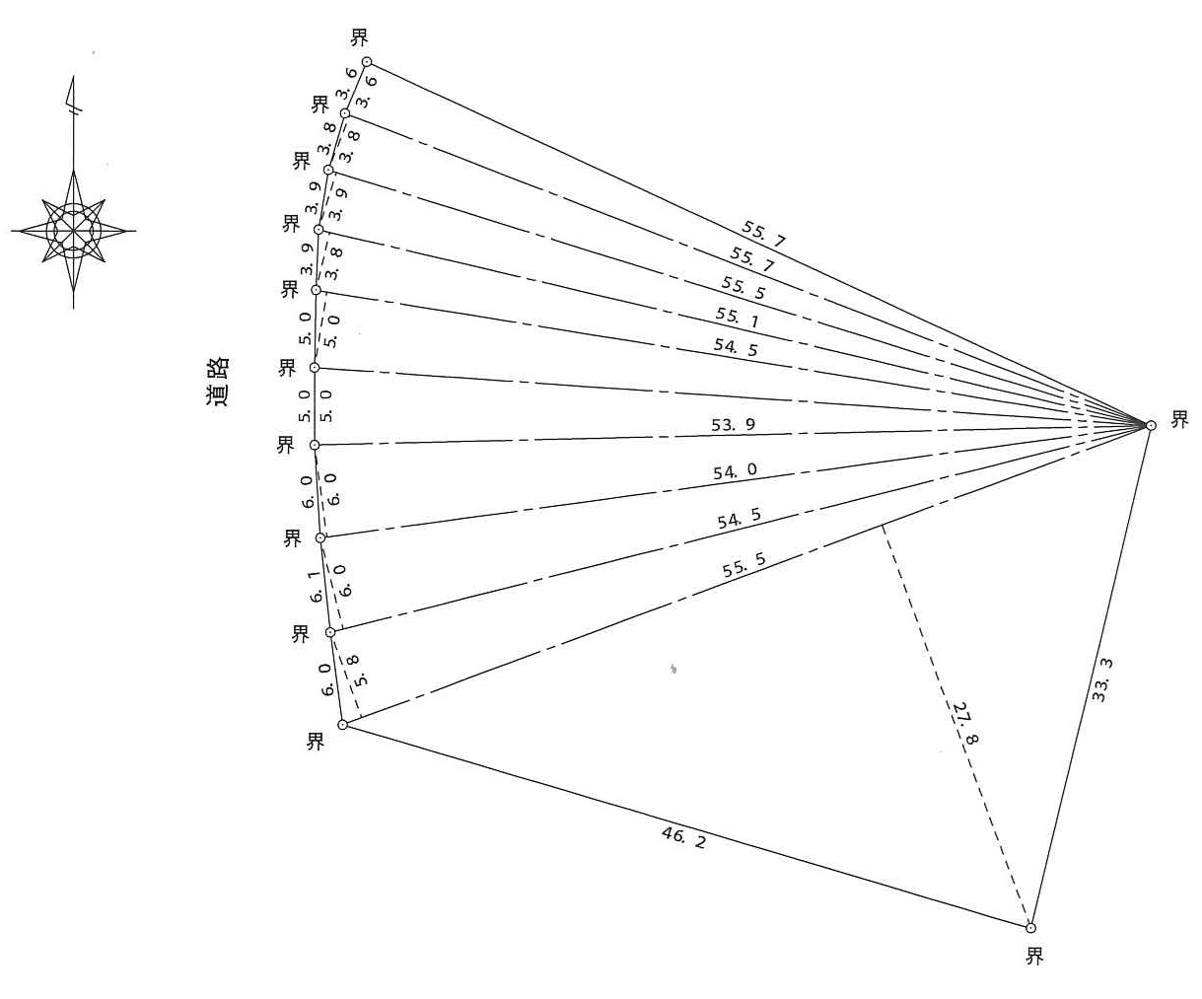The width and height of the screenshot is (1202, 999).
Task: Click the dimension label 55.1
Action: pyautogui.click(x=737, y=319)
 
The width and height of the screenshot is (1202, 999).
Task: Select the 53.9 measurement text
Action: pyautogui.click(x=733, y=425)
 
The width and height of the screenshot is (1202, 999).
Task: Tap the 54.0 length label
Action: pyautogui.click(x=736, y=471)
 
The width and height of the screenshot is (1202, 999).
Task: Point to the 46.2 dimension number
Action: pyautogui.click(x=683, y=838)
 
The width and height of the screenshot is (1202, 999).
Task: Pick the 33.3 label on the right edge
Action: pyautogui.click(x=1101, y=680)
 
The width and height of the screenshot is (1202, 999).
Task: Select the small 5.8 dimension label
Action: pyautogui.click(x=356, y=671)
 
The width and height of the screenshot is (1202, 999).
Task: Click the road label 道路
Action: pyautogui.click(x=217, y=383)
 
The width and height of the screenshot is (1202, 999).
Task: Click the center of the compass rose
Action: pyautogui.click(x=73, y=231)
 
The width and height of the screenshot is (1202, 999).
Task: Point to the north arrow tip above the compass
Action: pyautogui.click(x=73, y=75)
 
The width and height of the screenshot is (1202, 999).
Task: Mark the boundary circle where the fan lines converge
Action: pyautogui.click(x=1150, y=425)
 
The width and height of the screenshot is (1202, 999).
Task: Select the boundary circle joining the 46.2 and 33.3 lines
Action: pyautogui.click(x=1030, y=928)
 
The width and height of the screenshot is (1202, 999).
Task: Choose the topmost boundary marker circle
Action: pyautogui.click(x=366, y=61)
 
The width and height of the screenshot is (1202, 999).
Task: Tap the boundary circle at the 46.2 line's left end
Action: pyautogui.click(x=342, y=724)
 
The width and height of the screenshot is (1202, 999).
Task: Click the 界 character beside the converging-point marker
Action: pyautogui.click(x=1179, y=419)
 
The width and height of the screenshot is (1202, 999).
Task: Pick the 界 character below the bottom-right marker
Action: pyautogui.click(x=1034, y=957)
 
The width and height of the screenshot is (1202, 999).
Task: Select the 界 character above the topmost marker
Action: pyautogui.click(x=360, y=37)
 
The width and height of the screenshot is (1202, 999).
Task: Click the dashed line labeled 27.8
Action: pyautogui.click(x=956, y=727)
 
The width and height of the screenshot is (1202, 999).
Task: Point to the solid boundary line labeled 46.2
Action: pyautogui.click(x=686, y=825)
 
